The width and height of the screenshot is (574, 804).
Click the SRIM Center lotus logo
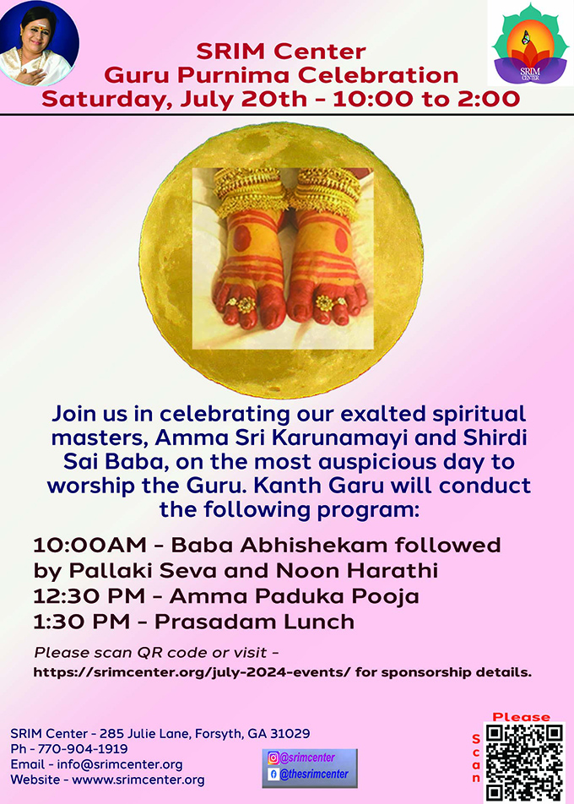(x=530, y=44)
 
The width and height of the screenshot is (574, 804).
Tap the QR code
(x=523, y=763)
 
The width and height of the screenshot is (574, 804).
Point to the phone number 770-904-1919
(x=83, y=748)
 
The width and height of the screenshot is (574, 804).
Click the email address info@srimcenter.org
(x=119, y=764)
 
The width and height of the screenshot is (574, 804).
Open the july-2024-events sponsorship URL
(x=192, y=672)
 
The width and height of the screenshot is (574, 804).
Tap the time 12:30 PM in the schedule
(x=89, y=596)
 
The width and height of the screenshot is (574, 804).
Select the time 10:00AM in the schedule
(x=90, y=545)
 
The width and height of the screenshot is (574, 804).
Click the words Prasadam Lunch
(x=254, y=622)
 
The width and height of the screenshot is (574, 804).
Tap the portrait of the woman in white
(x=40, y=43)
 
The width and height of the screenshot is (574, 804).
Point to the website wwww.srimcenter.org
(x=138, y=780)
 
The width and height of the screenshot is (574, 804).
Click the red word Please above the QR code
(x=521, y=717)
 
